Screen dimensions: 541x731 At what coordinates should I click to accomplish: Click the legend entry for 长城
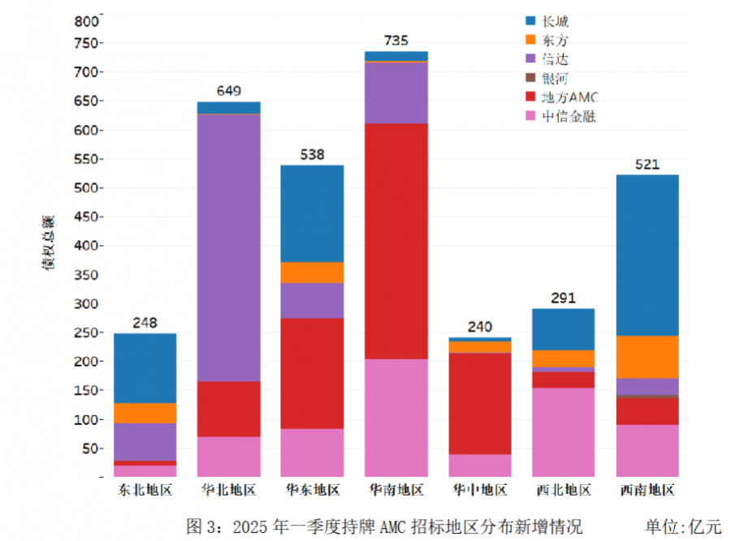555,22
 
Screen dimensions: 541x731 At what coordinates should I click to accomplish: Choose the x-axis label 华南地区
396,490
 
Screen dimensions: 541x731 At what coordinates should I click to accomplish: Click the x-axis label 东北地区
145,490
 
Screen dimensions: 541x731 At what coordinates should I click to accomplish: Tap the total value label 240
480,327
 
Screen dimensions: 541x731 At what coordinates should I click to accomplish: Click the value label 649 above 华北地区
229,92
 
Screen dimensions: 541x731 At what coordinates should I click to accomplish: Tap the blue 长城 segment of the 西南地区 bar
647,255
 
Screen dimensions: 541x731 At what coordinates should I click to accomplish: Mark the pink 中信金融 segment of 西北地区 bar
563,432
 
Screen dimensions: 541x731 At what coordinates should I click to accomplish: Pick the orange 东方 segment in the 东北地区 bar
145,413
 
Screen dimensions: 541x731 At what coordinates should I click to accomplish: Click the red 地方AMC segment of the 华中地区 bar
480,403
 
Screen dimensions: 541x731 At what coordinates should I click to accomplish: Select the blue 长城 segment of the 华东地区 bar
312,213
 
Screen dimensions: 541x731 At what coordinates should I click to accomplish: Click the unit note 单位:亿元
682,526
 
